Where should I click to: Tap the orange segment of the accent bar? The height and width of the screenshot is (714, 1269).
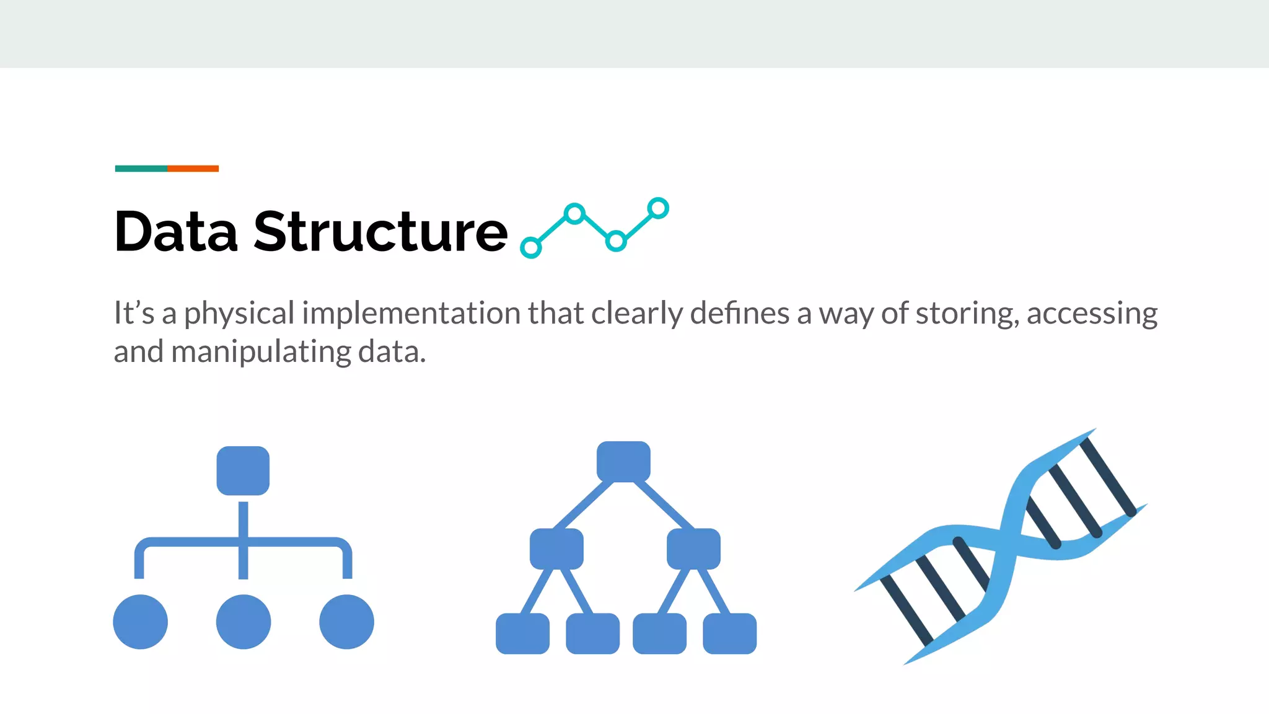pyautogui.click(x=193, y=169)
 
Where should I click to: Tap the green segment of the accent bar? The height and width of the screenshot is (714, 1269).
pyautogui.click(x=141, y=169)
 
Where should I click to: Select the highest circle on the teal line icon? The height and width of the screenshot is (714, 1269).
pyautogui.click(x=658, y=208)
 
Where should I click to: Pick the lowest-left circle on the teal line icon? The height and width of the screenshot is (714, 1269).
pyautogui.click(x=530, y=248)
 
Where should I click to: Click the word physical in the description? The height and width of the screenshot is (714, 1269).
pyautogui.click(x=239, y=314)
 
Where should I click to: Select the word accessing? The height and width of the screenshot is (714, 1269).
pyautogui.click(x=1092, y=314)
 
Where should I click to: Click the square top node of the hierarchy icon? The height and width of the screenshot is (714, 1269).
pyautogui.click(x=243, y=470)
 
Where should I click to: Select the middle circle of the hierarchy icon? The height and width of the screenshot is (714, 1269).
pyautogui.click(x=243, y=622)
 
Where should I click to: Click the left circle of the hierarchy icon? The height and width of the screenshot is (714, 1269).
pyautogui.click(x=141, y=622)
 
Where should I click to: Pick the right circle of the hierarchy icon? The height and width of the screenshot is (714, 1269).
pyautogui.click(x=346, y=622)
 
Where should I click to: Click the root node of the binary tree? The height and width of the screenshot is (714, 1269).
pyautogui.click(x=623, y=461)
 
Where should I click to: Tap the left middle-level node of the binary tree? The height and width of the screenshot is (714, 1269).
pyautogui.click(x=556, y=549)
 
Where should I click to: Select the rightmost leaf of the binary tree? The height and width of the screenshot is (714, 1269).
pyautogui.click(x=729, y=633)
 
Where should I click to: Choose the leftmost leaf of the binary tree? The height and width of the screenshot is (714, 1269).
pyautogui.click(x=522, y=633)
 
